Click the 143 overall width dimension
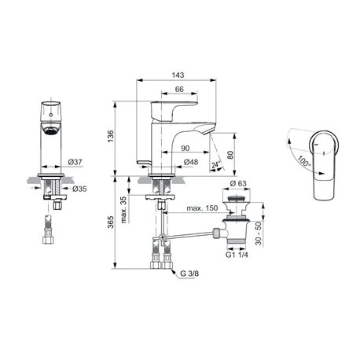(x=178, y=75)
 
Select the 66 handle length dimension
(x=179, y=91)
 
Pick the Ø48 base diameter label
(x=189, y=163)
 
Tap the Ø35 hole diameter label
(x=79, y=189)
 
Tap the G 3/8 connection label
(x=189, y=273)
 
